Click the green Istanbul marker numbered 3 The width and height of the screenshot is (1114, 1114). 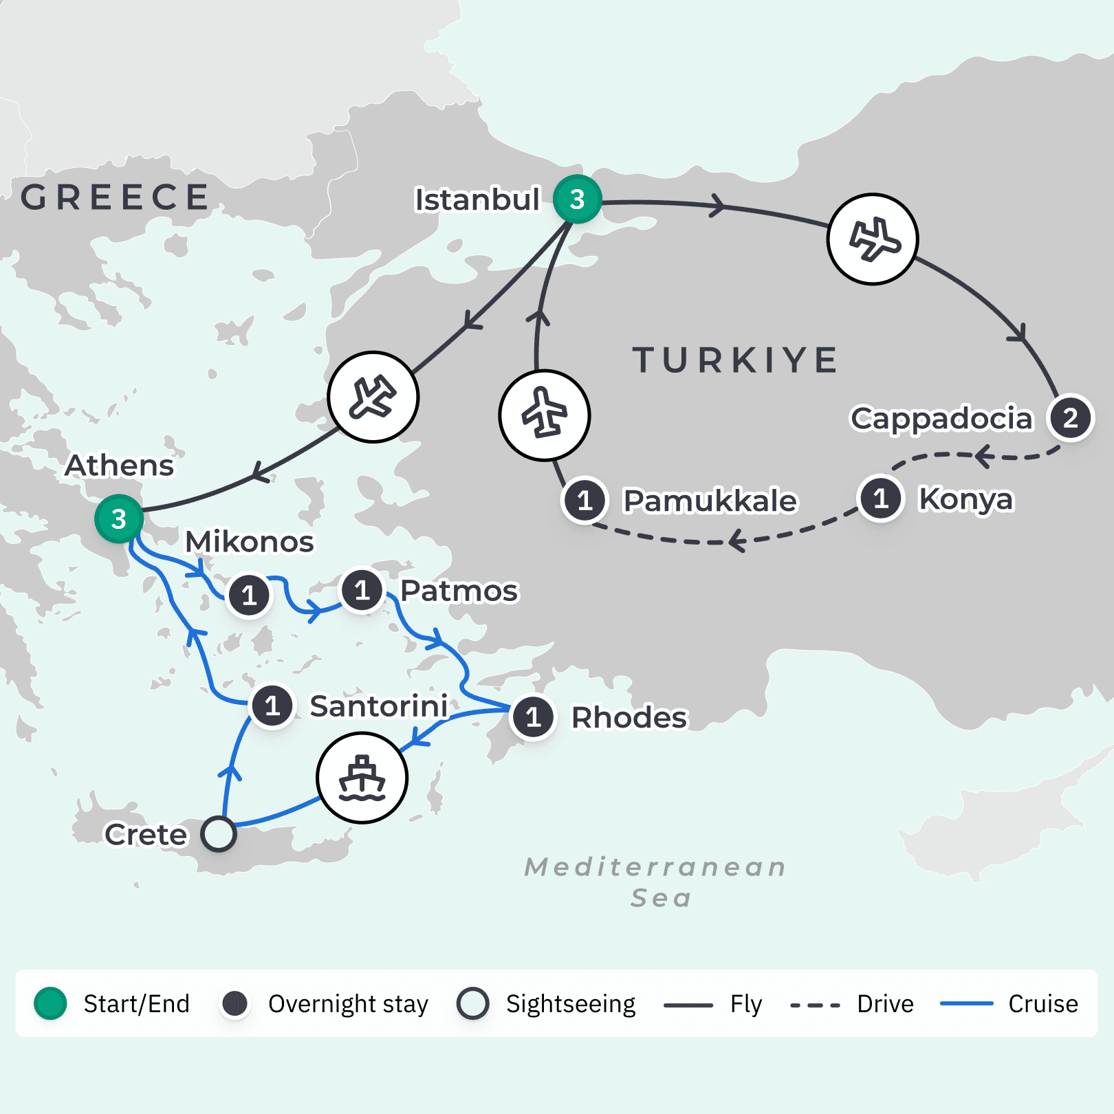tap(578, 199)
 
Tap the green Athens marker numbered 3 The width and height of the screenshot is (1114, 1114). tap(119, 519)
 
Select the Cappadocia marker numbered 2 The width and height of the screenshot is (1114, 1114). tap(1070, 418)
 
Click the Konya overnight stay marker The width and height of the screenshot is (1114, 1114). tap(881, 499)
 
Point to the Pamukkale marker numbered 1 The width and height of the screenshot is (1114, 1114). tap(585, 500)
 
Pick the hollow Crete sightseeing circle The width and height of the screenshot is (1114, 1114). tap(219, 834)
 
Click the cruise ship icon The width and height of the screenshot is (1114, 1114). tap(362, 778)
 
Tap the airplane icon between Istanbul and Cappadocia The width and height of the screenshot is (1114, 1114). tap(873, 239)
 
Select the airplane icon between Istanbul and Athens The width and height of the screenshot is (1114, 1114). tap(373, 397)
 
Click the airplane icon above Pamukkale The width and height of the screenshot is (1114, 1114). tap(544, 415)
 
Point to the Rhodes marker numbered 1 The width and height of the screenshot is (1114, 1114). tap(533, 717)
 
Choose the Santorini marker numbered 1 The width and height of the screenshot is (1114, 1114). tap(272, 706)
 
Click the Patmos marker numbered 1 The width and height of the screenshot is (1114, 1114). tap(362, 590)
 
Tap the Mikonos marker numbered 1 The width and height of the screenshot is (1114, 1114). tap(249, 595)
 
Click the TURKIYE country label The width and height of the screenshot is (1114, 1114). tap(734, 360)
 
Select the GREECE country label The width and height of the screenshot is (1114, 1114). tap(115, 197)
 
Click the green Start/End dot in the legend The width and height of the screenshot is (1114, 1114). tap(50, 1003)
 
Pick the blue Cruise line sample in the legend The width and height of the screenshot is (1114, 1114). tap(966, 1004)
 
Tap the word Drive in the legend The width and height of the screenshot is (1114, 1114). tap(885, 1004)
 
